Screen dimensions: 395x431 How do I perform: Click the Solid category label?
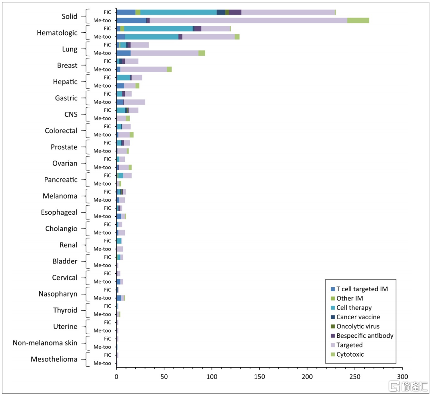(69, 17)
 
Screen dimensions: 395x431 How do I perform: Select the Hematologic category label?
(57, 33)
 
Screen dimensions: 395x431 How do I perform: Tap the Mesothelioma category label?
(54, 359)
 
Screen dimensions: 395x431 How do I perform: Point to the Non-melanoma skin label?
(45, 343)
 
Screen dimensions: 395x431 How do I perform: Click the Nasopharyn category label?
(58, 294)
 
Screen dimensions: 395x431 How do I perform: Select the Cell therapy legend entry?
(354, 308)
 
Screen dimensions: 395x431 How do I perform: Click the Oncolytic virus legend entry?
(358, 326)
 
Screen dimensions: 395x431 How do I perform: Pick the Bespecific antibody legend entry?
(365, 336)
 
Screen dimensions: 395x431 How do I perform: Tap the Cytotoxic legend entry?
(350, 354)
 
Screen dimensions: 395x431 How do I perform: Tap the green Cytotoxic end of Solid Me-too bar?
(358, 20)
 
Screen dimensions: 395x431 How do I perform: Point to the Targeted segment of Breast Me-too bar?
(143, 69)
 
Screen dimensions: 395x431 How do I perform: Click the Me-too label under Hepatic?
(102, 86)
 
